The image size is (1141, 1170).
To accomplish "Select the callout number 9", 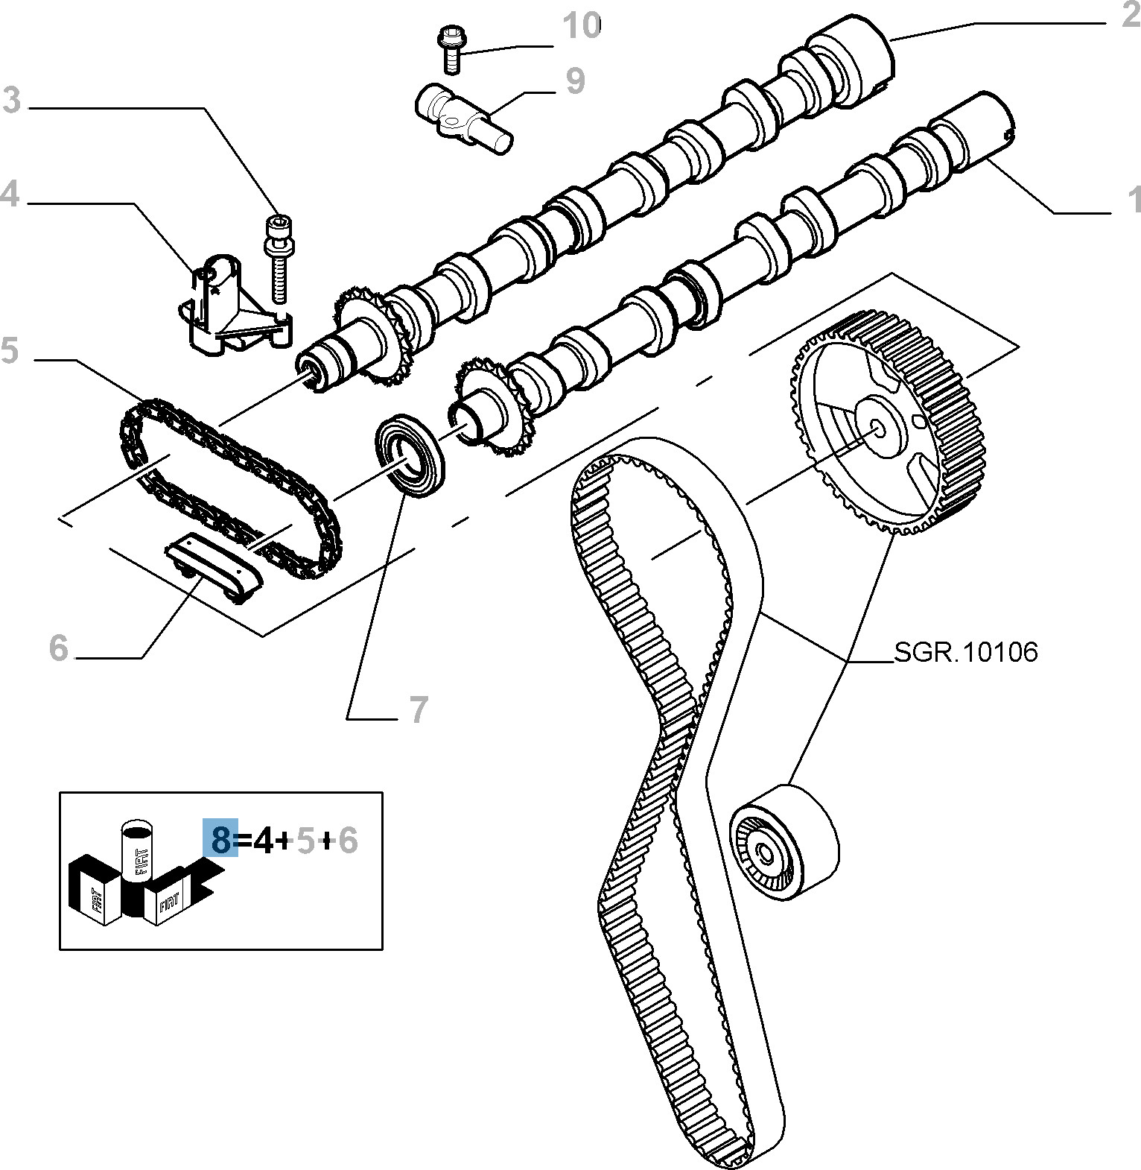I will [x=574, y=81].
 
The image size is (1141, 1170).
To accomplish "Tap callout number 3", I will [x=11, y=101].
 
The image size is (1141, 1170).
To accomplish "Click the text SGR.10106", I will [x=965, y=652].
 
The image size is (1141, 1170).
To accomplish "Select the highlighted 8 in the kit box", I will [x=220, y=841].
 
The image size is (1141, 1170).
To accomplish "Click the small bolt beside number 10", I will [x=450, y=48].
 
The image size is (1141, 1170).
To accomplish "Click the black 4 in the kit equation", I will [x=264, y=841].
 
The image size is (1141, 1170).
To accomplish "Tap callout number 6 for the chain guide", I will [x=59, y=648].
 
